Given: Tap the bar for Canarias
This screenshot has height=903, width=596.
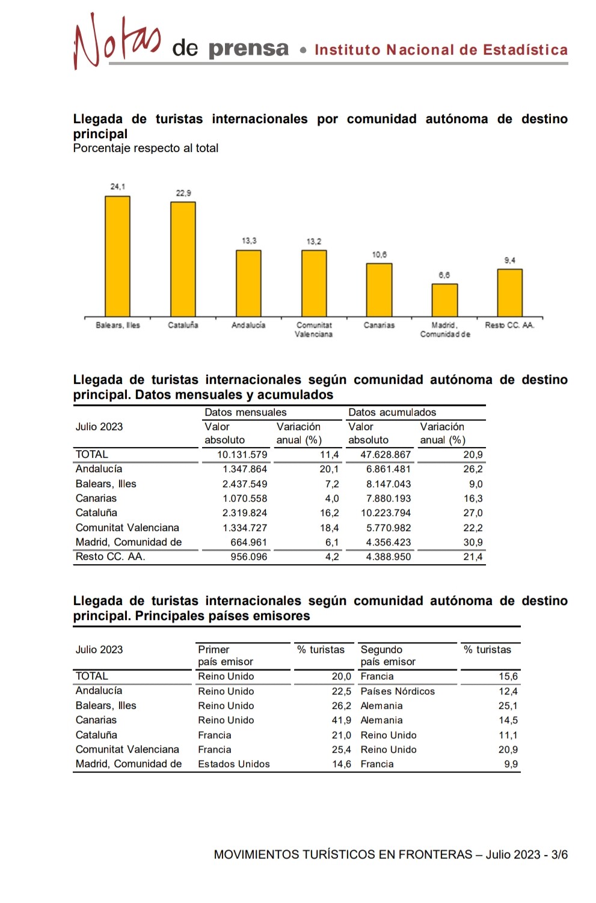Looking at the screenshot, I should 379,290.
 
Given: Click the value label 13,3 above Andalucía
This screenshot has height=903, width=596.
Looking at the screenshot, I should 249,241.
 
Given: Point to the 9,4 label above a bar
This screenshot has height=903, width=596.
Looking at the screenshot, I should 509,260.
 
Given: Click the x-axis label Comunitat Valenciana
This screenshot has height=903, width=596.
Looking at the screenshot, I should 314,329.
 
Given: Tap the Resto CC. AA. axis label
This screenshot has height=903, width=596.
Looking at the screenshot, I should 509,325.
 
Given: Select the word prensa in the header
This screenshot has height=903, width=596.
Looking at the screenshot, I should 248,49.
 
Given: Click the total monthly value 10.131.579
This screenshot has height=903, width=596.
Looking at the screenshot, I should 242,455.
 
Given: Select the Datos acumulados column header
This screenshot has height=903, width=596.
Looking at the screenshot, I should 392,412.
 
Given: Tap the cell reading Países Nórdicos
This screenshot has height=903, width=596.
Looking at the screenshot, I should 398,691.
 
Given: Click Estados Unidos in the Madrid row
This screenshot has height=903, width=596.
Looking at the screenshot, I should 234,764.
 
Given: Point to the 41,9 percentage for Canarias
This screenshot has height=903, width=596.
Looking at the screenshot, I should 341,720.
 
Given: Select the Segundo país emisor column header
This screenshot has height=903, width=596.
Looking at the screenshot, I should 388,655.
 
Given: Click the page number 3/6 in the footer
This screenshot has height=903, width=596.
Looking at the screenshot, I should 559,854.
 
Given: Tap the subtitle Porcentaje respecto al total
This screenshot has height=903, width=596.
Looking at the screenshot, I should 146,148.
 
